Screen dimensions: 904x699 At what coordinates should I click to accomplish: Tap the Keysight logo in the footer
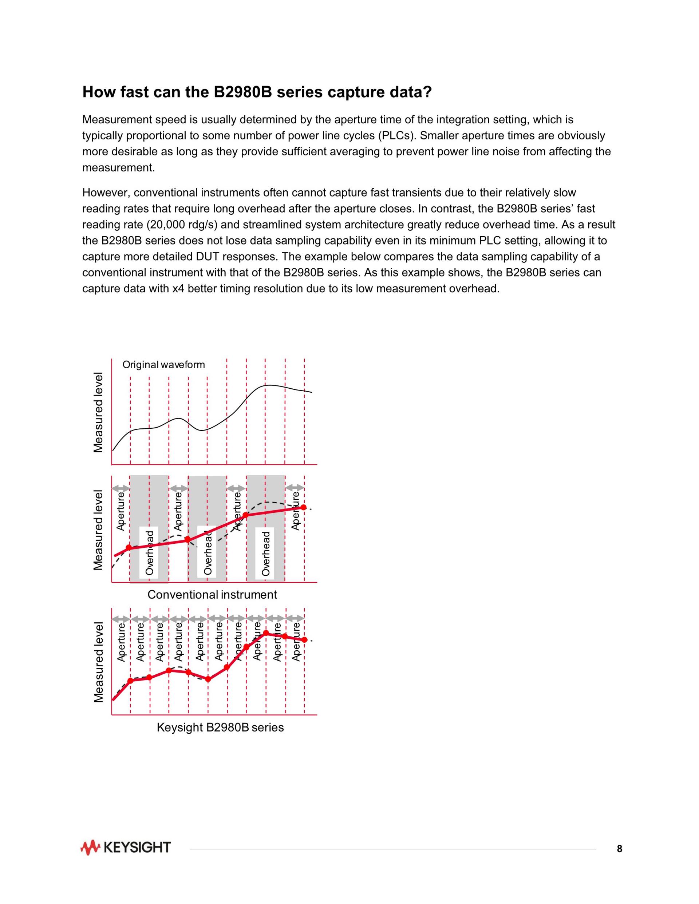tap(126, 847)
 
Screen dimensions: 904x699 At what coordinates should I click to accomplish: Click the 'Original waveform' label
tap(163, 365)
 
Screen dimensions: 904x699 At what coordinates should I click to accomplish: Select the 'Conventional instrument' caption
tap(212, 595)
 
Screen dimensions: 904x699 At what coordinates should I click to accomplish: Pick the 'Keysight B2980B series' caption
tap(220, 727)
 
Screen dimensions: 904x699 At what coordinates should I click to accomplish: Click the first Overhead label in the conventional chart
tap(150, 553)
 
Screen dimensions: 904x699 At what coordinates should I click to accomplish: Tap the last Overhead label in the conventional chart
tap(266, 554)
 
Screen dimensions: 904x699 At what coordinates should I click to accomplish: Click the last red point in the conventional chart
tap(304, 507)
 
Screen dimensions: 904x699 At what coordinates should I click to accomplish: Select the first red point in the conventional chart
tap(129, 548)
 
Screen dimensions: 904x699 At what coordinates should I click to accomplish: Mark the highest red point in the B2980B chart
tap(266, 633)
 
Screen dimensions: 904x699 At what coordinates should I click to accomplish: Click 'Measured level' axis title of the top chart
tap(98, 412)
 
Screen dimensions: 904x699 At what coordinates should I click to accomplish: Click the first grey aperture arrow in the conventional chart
tap(121, 488)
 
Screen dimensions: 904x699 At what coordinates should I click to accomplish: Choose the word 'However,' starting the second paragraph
tap(106, 193)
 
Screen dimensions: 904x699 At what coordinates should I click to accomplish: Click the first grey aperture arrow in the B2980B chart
tap(121, 619)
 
